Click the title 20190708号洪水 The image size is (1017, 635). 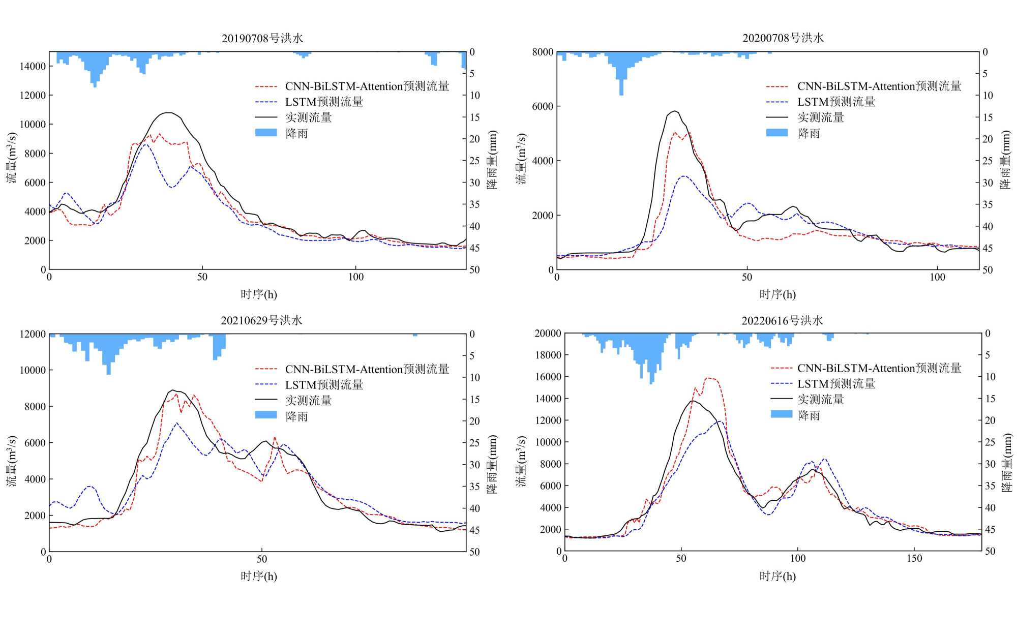[x=262, y=38]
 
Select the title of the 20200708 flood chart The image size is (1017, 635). [x=783, y=38]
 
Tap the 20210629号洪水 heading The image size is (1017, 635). [x=261, y=320]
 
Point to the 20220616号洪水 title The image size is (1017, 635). [x=782, y=320]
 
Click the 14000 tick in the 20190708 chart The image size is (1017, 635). [x=33, y=66]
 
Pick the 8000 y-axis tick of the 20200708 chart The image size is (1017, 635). [x=543, y=52]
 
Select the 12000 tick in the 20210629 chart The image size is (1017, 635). [x=33, y=334]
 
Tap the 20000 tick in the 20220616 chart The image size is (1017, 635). [x=548, y=334]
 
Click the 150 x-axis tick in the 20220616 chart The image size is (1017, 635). [x=914, y=558]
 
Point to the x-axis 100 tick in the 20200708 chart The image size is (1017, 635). [x=937, y=277]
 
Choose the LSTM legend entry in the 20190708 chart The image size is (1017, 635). [x=324, y=102]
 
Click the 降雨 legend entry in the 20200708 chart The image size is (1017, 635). [x=809, y=133]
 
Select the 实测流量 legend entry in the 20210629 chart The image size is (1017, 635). [x=308, y=401]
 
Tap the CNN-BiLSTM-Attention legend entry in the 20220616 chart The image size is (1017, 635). [x=879, y=368]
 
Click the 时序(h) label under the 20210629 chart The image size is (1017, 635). [x=259, y=576]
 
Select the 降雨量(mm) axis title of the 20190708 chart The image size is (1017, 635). [x=492, y=160]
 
